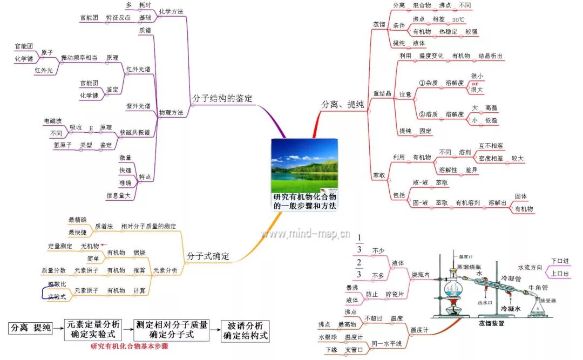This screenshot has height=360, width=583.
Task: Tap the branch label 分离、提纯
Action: click(x=342, y=104)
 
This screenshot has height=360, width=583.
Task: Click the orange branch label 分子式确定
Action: click(x=208, y=256)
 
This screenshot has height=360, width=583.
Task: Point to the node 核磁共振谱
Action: click(x=138, y=132)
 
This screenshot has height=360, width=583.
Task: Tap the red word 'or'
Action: click(x=476, y=84)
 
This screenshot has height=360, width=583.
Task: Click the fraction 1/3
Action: click(x=359, y=244)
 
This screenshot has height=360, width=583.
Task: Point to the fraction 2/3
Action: click(x=359, y=268)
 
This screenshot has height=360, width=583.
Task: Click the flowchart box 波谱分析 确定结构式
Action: click(x=245, y=330)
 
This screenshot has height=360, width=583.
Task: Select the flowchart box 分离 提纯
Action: click(x=30, y=328)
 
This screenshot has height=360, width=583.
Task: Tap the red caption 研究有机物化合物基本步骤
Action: click(x=130, y=347)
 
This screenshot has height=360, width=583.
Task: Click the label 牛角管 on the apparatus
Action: click(x=537, y=287)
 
